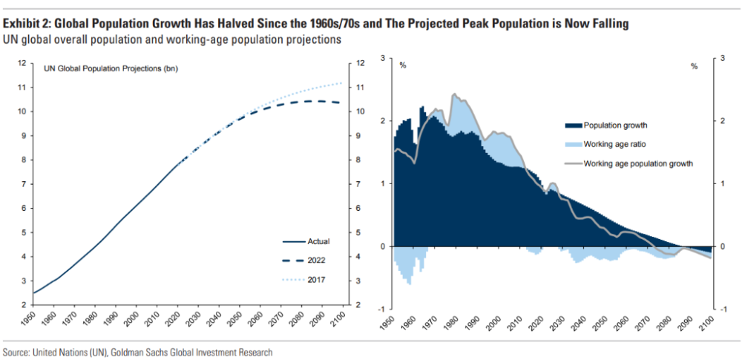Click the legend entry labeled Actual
pos(306,241)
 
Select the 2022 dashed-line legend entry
pos(303,261)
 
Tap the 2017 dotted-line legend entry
pos(303,280)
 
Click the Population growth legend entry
pos(606,125)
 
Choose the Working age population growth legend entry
pos(629,163)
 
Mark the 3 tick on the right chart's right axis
pos(723,58)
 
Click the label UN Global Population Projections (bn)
pos(111,69)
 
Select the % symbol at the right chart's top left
pos(403,66)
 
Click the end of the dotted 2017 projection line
pos(341,83)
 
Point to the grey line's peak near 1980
pos(454,94)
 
